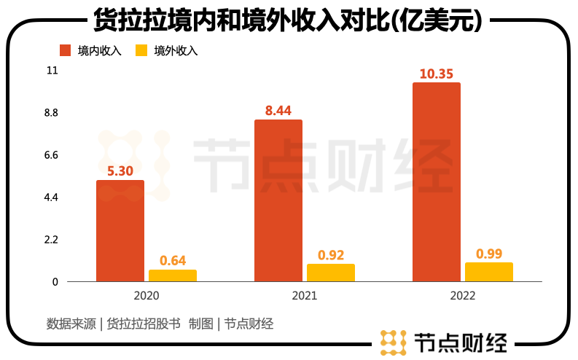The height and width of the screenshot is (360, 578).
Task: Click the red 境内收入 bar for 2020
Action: tap(120, 230)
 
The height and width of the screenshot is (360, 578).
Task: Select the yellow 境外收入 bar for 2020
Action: tap(173, 275)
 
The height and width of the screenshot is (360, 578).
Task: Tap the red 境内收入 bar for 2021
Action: tap(278, 200)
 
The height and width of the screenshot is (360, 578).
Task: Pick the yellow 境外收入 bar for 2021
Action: tap(331, 273)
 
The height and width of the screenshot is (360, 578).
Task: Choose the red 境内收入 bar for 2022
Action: tap(437, 181)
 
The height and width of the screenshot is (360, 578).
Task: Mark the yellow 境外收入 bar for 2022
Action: tap(489, 272)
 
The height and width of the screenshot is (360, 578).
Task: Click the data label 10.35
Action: tap(437, 74)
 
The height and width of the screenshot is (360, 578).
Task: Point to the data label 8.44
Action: tap(278, 111)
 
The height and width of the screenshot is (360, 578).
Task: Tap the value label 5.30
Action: tap(120, 171)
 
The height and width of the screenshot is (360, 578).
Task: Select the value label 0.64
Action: tap(173, 260)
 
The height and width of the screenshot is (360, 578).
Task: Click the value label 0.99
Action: tap(489, 254)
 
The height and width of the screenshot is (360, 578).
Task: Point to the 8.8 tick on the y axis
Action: tap(52, 113)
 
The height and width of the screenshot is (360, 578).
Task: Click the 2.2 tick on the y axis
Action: tap(52, 240)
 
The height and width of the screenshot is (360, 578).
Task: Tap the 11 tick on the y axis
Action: tap(52, 71)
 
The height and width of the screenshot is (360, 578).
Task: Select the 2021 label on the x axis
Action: tap(305, 296)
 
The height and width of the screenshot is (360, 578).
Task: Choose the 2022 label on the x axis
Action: tap(463, 296)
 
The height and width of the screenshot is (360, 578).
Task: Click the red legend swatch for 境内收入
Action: tap(65, 50)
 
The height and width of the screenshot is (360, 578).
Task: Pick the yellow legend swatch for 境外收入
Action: tap(141, 50)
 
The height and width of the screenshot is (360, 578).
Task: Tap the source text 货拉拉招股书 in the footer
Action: tap(143, 324)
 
